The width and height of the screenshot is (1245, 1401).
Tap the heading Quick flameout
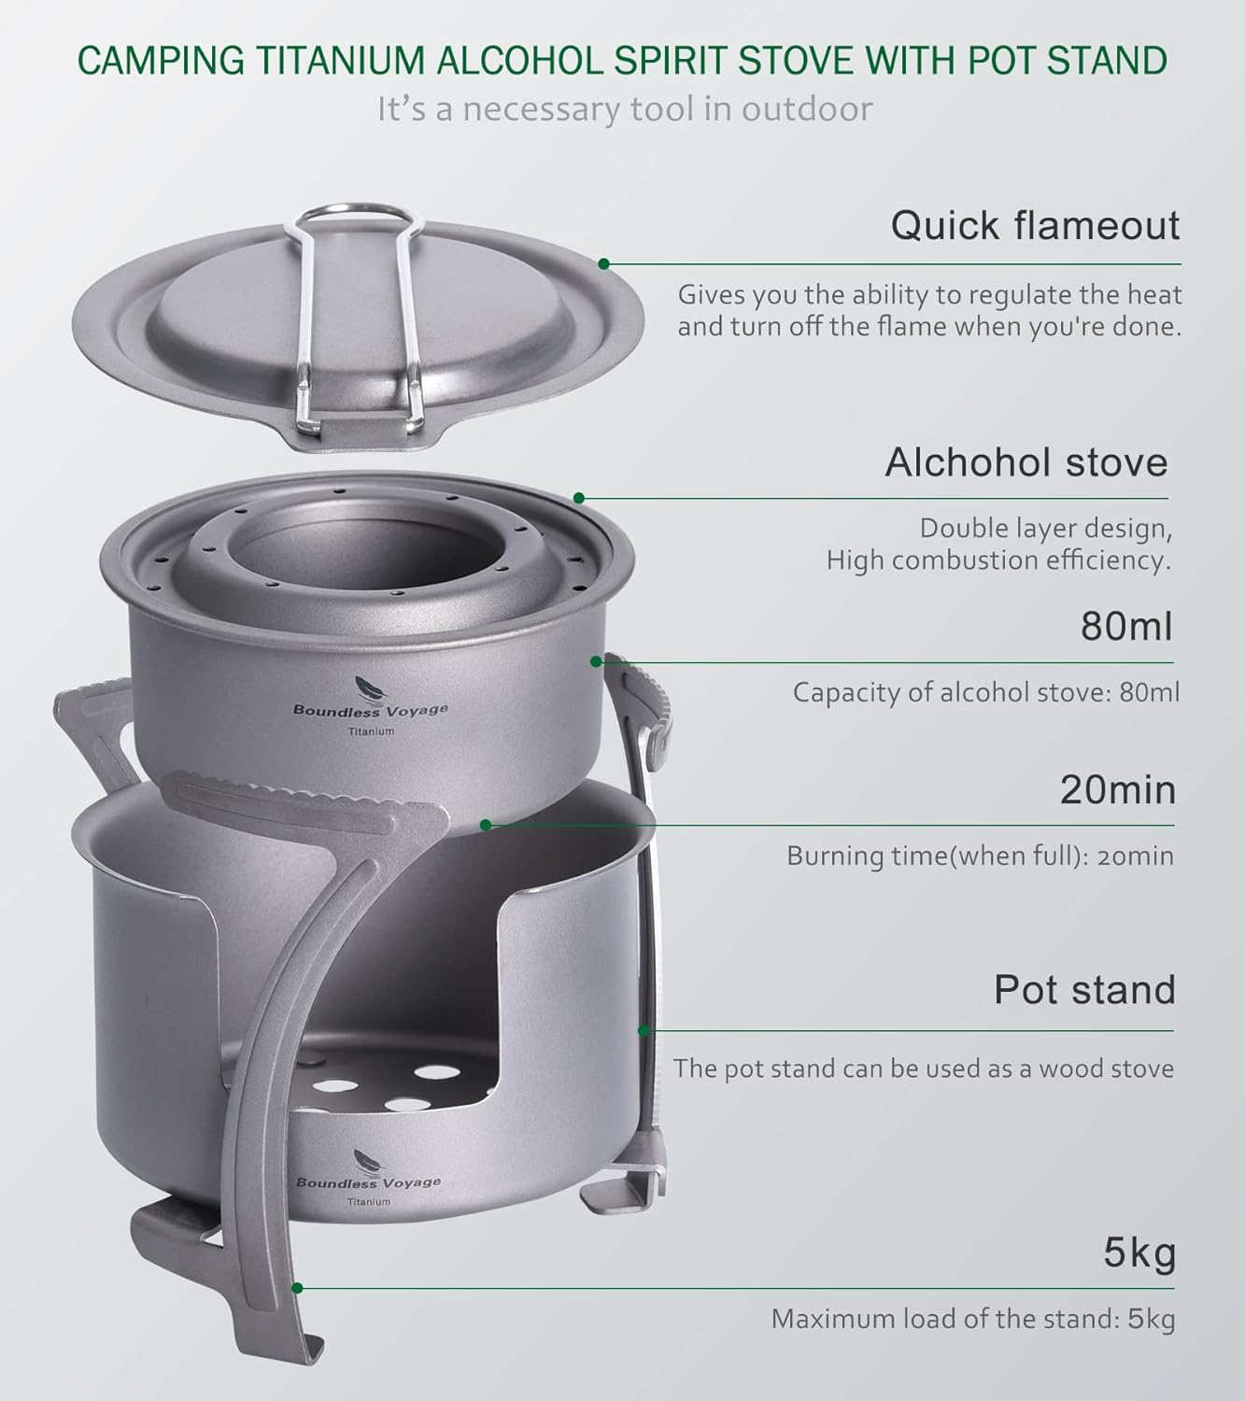(x=1035, y=226)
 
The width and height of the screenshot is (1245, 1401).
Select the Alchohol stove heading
(x=1026, y=462)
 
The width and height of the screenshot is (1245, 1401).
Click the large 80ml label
(x=1125, y=626)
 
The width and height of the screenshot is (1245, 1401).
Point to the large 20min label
(x=1117, y=790)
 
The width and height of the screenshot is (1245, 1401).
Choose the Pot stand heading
(x=1083, y=990)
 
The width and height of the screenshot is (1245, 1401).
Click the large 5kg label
(x=1139, y=1253)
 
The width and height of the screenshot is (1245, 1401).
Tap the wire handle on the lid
(x=354, y=308)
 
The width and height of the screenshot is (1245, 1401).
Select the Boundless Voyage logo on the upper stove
(x=370, y=709)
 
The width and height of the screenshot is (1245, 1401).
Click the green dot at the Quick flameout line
(x=604, y=264)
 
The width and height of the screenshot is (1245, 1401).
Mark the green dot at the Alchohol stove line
(x=579, y=498)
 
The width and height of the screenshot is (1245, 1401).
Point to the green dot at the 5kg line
(x=297, y=1288)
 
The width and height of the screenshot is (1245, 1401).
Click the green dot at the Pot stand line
(x=644, y=1030)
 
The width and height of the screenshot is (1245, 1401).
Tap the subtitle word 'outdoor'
(x=807, y=109)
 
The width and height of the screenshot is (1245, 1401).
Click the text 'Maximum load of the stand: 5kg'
(x=972, y=1319)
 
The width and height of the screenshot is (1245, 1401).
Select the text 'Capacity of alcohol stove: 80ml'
(x=985, y=692)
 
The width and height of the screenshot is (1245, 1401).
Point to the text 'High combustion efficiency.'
(x=997, y=560)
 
